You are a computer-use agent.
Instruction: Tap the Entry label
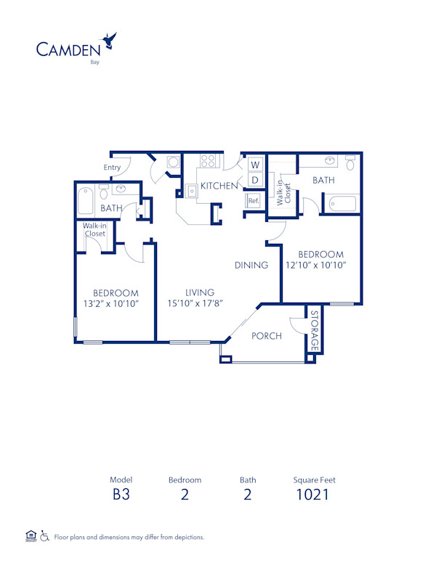coord(112,168)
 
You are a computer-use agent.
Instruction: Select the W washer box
coord(255,165)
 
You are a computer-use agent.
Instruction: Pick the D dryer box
coord(255,178)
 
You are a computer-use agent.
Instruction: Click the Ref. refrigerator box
coord(254,200)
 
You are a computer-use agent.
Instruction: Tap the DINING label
coord(251,265)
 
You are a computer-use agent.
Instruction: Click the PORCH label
coord(267,336)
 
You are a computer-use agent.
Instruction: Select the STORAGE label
coord(314,330)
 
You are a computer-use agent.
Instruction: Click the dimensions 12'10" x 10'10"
coord(320,265)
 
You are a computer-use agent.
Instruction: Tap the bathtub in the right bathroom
coord(340,204)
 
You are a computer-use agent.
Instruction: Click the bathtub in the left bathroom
coord(86,200)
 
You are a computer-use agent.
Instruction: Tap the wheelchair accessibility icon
coord(45,536)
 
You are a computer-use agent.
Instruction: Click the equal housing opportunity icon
coord(31,536)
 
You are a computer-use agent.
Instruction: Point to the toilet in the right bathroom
coord(350,163)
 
